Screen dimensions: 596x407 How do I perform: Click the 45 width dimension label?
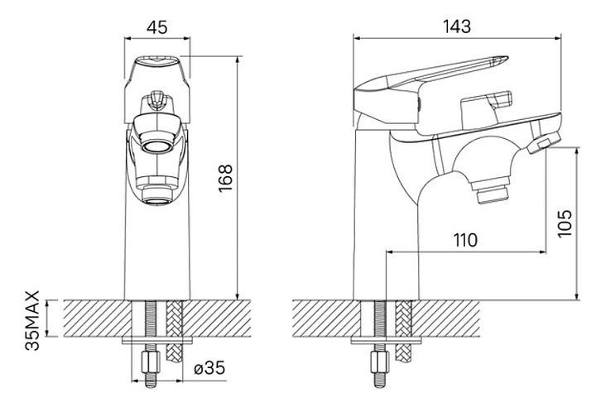pyautogui.click(x=157, y=27)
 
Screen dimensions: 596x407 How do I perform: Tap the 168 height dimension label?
pyautogui.click(x=225, y=178)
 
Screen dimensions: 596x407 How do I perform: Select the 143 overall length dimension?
pyautogui.click(x=457, y=27)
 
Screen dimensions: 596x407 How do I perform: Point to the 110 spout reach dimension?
pyautogui.click(x=465, y=240)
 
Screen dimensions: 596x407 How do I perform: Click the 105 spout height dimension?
pyautogui.click(x=565, y=223)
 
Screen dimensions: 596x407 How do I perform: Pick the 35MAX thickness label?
pyautogui.click(x=32, y=320)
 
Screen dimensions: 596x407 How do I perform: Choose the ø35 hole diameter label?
pyautogui.click(x=209, y=368)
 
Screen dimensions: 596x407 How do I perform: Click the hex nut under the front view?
pyautogui.click(x=151, y=362)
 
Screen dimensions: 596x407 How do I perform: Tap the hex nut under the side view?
pyautogui.click(x=380, y=362)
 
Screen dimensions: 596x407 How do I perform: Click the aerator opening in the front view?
pyautogui.click(x=157, y=146)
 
